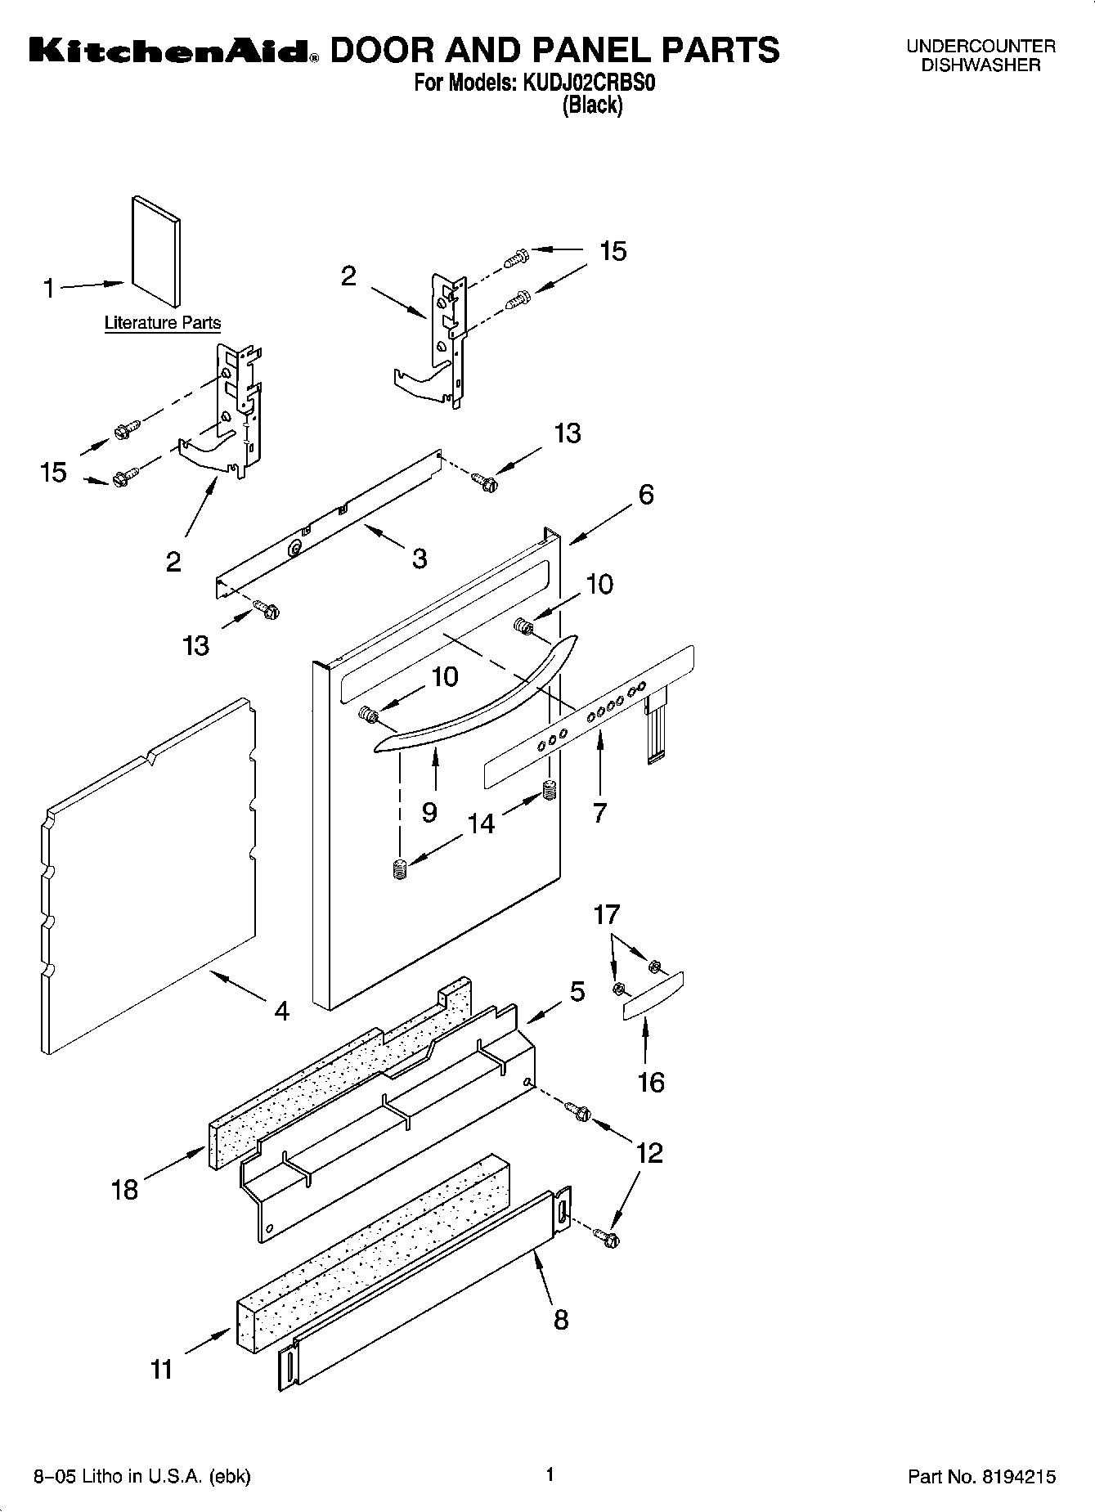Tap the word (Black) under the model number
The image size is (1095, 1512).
coord(592,105)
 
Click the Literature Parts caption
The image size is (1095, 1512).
coord(163,323)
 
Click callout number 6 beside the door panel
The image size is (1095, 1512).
coord(646,495)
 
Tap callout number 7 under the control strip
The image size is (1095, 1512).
coord(599,812)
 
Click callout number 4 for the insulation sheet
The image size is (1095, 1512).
coord(281,1012)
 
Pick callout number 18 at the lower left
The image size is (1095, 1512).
coord(124,1189)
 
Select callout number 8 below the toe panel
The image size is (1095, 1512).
coord(560,1319)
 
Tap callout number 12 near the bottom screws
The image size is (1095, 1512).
coord(648,1153)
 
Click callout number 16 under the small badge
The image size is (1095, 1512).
coord(651,1083)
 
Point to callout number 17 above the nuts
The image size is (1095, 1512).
coord(607,914)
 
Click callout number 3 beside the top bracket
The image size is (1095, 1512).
coord(420,559)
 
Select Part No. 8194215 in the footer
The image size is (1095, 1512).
coord(981,1477)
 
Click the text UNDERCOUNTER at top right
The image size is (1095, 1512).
coord(981,47)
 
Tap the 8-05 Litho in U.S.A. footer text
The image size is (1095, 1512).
coord(141,1477)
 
